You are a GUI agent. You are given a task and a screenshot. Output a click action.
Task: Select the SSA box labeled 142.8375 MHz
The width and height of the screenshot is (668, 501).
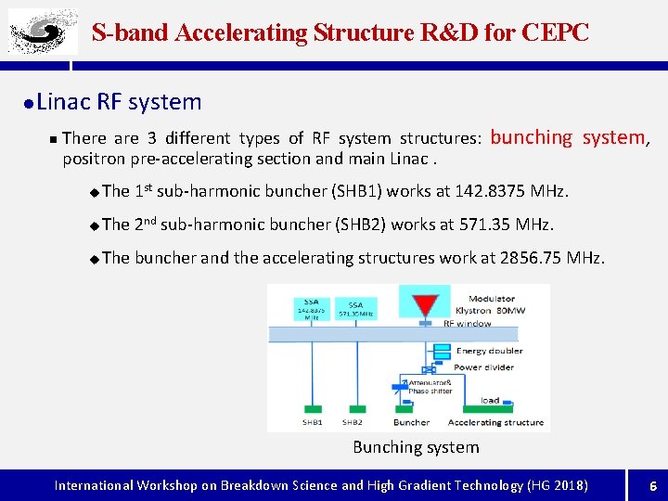pos(312,308)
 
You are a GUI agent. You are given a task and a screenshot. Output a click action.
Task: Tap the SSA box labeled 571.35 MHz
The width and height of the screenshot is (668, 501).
pos(355,309)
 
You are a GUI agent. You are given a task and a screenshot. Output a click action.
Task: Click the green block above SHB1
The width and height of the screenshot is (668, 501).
pos(312,408)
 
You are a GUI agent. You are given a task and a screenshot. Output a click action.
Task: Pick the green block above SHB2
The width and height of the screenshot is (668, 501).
pos(352,408)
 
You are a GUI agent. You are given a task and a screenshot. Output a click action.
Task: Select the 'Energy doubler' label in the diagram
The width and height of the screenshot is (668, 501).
pos(489,351)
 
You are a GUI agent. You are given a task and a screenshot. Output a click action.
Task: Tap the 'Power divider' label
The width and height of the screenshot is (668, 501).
pos(484,367)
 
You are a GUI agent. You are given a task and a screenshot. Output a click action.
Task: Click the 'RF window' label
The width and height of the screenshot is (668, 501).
pos(467,324)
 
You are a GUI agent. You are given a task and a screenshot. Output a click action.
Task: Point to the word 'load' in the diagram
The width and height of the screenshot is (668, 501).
pos(490,400)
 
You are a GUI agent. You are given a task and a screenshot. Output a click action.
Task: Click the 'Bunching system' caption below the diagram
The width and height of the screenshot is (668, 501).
pos(416,447)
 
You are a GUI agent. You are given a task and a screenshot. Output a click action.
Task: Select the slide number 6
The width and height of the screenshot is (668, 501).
pos(652,485)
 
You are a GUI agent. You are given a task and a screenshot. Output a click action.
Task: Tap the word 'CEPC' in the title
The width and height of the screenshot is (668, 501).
pos(555,32)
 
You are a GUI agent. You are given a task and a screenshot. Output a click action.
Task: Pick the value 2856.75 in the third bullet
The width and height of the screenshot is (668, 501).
pos(530,257)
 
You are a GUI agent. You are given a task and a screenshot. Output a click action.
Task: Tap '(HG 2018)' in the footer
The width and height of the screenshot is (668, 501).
pos(557,485)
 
